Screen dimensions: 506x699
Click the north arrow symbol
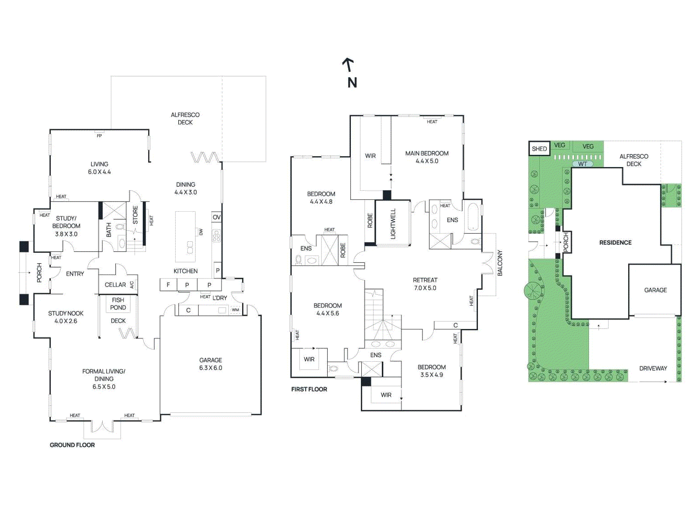pos(348,65)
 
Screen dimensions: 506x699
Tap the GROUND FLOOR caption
pos(72,445)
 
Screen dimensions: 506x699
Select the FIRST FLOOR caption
pos(309,389)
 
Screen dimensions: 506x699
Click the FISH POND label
pos(118,304)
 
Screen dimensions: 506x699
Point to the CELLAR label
pos(115,285)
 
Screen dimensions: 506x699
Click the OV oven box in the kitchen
pos(217,217)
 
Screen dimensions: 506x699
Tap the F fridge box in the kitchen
pos(168,285)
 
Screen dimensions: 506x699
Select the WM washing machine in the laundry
pos(235,310)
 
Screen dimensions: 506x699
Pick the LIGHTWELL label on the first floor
pos(393,223)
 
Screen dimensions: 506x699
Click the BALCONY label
pos(500,263)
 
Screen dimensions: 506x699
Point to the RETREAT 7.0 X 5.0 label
pos(425,284)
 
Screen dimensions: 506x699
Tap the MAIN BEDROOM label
pos(427,157)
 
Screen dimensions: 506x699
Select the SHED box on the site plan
pos(539,149)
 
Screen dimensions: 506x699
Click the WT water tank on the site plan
pos(583,164)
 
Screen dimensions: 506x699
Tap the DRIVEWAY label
pos(653,368)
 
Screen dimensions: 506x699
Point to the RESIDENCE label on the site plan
pos(615,242)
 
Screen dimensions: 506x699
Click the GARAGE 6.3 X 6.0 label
pos(211,364)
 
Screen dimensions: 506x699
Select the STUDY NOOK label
pos(66,317)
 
